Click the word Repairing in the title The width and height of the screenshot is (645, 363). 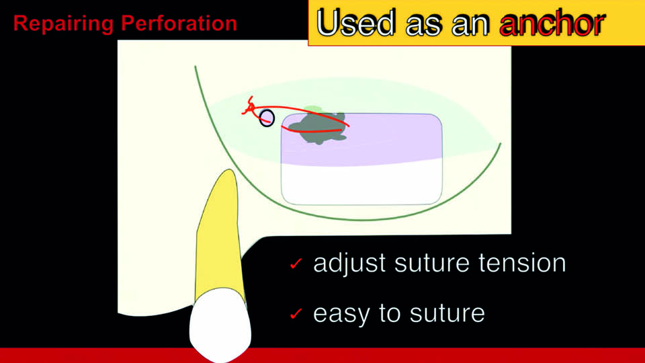[x=63, y=24]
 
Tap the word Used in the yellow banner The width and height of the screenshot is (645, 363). [x=357, y=23]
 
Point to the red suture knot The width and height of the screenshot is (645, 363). [x=249, y=107]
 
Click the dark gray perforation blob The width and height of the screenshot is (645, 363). [x=322, y=128]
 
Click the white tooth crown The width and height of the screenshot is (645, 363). [x=220, y=323]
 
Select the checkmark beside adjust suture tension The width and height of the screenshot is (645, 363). [x=296, y=264]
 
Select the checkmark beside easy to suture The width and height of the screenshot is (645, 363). [x=296, y=314]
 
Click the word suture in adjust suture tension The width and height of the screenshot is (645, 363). [x=432, y=263]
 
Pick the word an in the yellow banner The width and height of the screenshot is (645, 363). [x=470, y=25]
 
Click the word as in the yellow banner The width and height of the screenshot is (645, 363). [x=424, y=25]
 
